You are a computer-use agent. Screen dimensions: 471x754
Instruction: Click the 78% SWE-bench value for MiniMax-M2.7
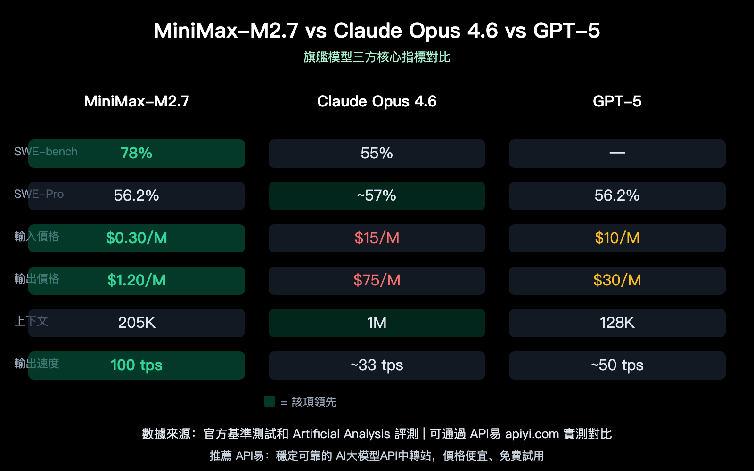point(136,153)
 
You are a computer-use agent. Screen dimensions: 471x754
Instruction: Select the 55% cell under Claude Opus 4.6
point(377,153)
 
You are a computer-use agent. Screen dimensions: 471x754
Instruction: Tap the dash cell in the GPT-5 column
point(617,153)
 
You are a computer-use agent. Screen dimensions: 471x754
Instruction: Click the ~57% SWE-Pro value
point(377,195)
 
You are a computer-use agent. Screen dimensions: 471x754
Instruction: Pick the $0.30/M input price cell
point(136,238)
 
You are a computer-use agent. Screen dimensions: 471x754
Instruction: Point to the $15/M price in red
point(377,238)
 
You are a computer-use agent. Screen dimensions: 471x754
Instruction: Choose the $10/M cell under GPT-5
point(617,238)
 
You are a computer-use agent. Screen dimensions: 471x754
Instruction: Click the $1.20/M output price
point(136,280)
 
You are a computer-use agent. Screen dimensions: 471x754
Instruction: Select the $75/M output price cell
point(377,280)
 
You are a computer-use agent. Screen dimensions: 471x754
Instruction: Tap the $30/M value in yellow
point(617,280)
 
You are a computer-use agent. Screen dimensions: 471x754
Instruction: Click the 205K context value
point(136,323)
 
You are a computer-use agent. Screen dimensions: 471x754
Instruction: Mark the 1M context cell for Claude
point(377,323)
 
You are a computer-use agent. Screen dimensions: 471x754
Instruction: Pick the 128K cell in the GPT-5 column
point(617,323)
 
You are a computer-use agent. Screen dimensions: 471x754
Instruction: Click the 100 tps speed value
point(136,365)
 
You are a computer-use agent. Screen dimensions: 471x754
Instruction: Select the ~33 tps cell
point(377,365)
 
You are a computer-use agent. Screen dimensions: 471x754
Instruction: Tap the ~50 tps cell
point(617,365)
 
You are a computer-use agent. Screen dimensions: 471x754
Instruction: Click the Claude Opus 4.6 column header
point(377,101)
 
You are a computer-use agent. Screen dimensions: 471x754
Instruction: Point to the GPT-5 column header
point(617,101)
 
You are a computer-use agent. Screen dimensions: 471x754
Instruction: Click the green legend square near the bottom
point(270,401)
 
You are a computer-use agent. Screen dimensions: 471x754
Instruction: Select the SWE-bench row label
point(46,152)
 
